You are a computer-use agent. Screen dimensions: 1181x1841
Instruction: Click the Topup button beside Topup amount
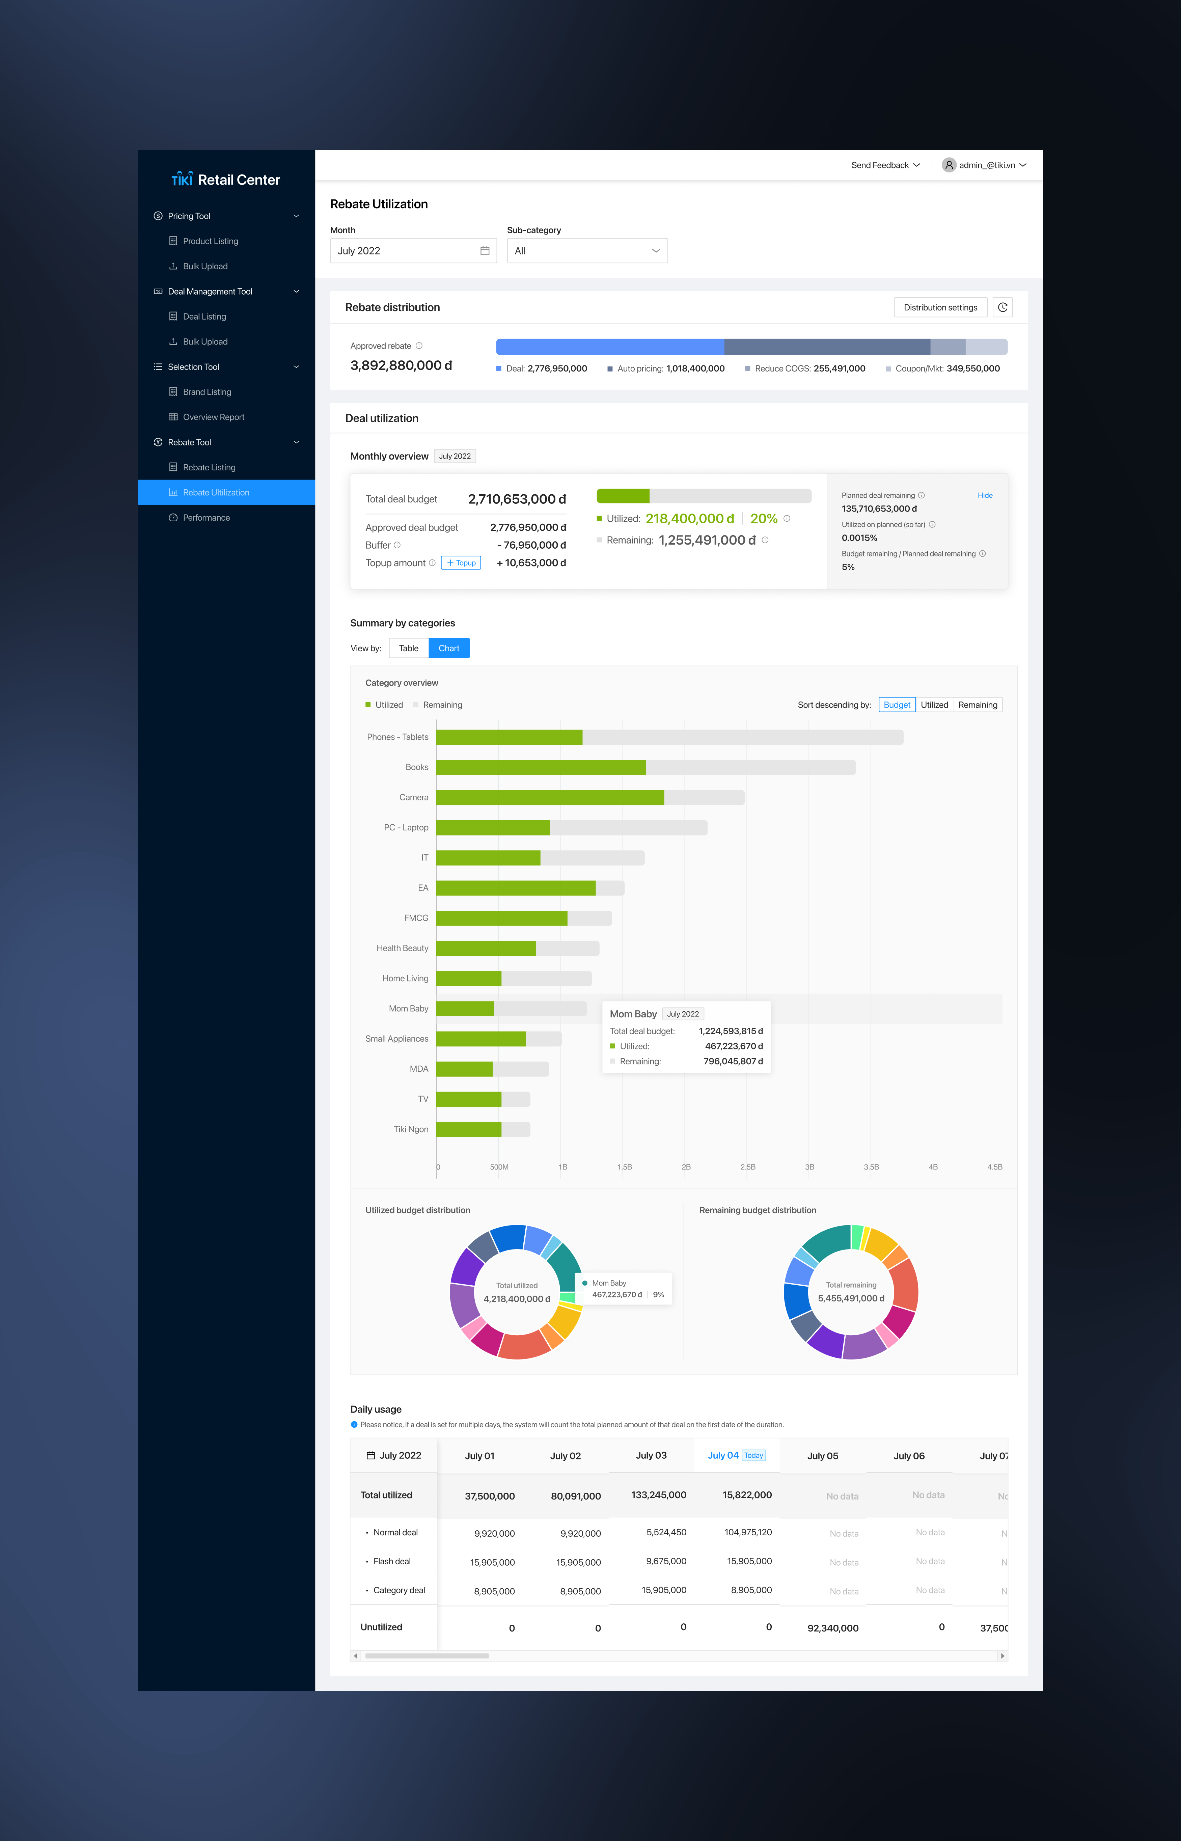461,563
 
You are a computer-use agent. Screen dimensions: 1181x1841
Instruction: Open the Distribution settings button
940,307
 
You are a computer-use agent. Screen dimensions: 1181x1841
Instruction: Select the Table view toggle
409,648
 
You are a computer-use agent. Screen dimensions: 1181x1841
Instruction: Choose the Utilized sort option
934,705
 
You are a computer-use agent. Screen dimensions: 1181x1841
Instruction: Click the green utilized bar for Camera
550,797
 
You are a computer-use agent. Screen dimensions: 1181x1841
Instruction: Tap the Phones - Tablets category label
397,737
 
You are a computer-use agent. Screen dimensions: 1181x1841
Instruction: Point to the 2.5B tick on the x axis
748,1167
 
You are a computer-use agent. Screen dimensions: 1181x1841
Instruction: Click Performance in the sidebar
206,518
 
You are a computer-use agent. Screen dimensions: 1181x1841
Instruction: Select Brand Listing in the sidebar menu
207,392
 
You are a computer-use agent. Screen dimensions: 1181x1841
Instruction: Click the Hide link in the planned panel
985,495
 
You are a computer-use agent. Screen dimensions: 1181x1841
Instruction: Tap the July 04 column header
723,1455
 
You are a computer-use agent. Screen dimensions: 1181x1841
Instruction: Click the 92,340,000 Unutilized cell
833,1628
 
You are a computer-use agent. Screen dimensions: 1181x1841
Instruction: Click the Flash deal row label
392,1561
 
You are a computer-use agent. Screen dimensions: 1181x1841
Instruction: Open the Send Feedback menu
886,165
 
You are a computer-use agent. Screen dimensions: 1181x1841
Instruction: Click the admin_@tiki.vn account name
987,165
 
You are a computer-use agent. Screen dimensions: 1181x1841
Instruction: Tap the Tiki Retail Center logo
225,180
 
